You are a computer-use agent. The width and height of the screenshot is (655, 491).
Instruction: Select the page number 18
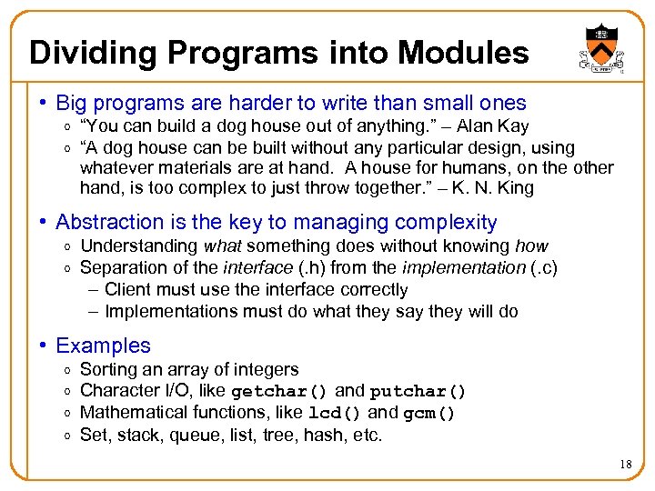[626, 465]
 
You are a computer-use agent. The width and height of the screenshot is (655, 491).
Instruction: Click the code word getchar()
[280, 392]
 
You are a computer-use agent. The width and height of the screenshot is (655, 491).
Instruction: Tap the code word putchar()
[418, 392]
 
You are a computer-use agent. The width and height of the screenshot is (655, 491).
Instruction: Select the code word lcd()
[336, 414]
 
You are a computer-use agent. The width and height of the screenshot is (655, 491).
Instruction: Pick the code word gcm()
[429, 414]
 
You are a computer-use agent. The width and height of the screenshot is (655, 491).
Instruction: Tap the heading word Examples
[103, 346]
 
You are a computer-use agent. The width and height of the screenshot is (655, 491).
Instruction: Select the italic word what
[222, 245]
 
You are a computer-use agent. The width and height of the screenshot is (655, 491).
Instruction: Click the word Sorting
[108, 369]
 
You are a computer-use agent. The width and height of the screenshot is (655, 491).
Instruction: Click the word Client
[129, 289]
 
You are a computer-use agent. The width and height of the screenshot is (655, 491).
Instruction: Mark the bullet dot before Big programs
[42, 105]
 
